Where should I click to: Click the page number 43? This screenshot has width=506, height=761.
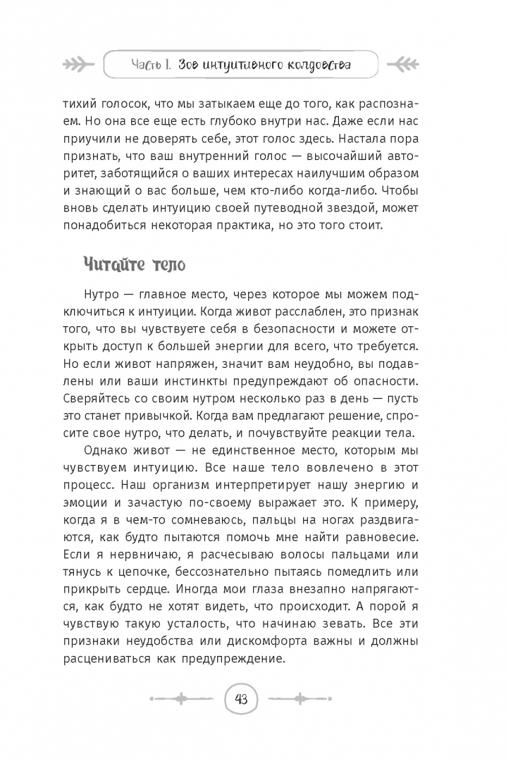(x=241, y=699)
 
